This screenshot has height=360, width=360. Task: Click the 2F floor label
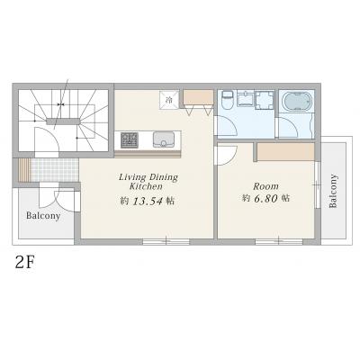click(25, 263)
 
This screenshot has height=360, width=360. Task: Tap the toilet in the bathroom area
click(227, 100)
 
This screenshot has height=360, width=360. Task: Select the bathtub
click(296, 102)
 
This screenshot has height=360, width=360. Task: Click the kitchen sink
click(164, 139)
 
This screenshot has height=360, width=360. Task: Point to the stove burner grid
click(130, 140)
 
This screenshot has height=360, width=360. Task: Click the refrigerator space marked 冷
click(169, 100)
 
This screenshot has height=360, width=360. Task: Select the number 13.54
click(148, 201)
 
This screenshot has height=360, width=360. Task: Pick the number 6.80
click(266, 198)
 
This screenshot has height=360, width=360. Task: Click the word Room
click(265, 186)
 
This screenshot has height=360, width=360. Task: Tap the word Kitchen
click(146, 186)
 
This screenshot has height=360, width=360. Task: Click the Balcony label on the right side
click(333, 191)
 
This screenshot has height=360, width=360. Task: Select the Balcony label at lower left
click(43, 216)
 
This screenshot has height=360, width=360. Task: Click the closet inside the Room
click(285, 152)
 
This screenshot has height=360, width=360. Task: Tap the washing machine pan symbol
click(265, 100)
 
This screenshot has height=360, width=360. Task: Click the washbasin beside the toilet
click(246, 98)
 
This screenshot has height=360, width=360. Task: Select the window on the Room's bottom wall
click(279, 242)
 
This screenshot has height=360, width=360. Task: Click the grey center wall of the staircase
click(63, 121)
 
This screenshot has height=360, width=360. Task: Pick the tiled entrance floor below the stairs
click(55, 170)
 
